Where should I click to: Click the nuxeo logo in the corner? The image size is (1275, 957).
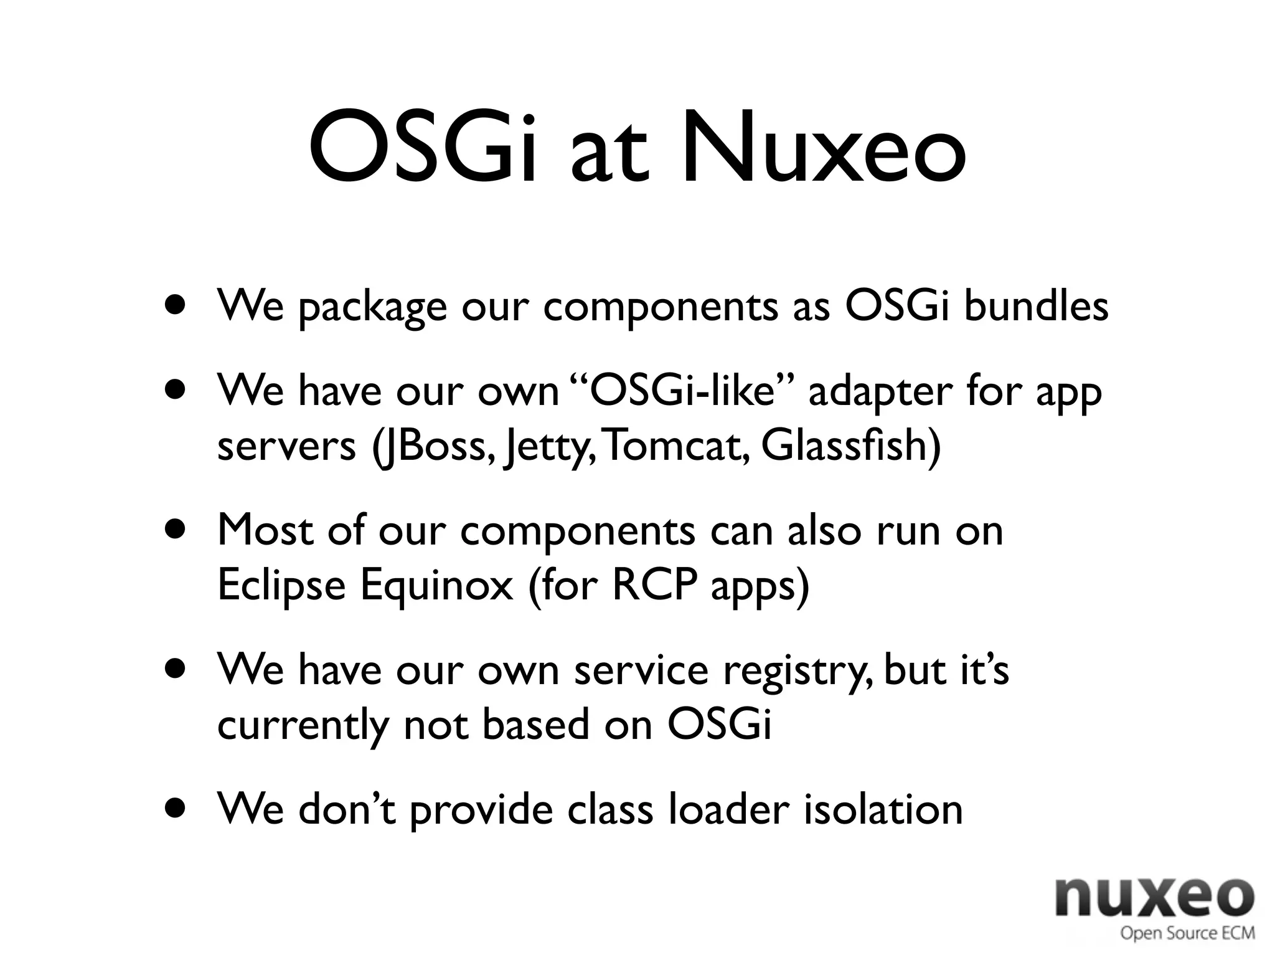tap(1154, 897)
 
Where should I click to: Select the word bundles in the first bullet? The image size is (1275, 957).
tap(1036, 307)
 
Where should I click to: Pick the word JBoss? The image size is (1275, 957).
tap(433, 446)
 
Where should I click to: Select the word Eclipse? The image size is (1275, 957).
tap(281, 586)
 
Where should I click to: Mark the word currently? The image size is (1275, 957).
tap(303, 725)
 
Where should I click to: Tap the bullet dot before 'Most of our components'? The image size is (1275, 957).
tap(176, 530)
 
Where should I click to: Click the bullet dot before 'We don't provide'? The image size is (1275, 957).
tap(176, 808)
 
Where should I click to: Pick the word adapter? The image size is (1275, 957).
tap(880, 393)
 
